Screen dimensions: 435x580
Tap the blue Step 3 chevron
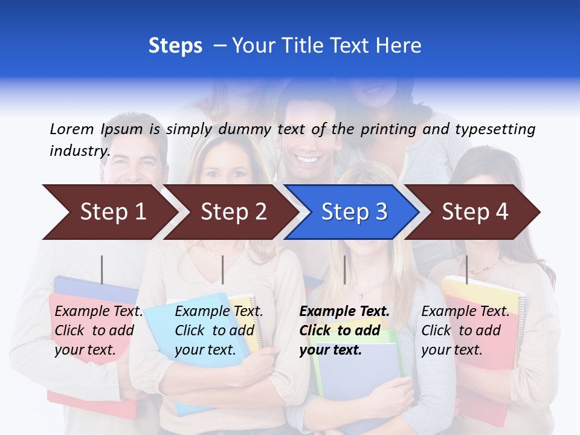click(354, 212)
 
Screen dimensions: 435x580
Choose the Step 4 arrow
click(475, 212)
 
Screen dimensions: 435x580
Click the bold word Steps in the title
click(175, 46)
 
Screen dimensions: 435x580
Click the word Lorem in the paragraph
click(72, 129)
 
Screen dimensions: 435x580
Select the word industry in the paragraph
click(80, 150)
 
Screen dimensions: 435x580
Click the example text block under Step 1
click(98, 330)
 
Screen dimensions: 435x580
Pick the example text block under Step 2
click(219, 330)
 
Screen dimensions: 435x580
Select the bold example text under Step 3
click(344, 330)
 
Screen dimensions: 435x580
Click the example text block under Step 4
click(465, 330)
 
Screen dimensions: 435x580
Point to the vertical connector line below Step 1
click(102, 269)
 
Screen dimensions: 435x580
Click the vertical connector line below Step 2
click(223, 269)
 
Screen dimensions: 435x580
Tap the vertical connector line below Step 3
click(344, 269)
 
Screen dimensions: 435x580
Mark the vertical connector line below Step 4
click(466, 269)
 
